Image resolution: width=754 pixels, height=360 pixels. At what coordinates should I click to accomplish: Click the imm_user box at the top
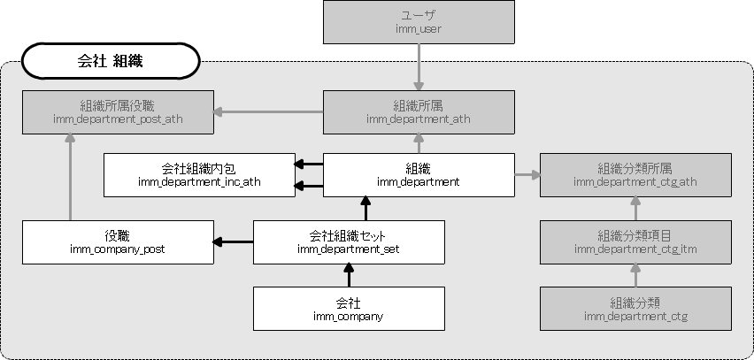[x=419, y=22]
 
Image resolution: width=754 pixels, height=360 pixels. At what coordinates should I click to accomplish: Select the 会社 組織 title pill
[x=111, y=62]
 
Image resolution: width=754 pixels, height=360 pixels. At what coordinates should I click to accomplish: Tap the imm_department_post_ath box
[x=118, y=111]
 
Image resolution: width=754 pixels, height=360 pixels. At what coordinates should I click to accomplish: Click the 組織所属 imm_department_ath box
[x=419, y=111]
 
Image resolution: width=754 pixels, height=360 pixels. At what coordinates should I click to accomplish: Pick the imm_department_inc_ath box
[x=198, y=174]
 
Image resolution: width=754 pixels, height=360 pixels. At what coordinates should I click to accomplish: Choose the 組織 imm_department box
[x=419, y=174]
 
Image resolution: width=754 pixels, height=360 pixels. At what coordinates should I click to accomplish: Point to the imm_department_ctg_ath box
[x=635, y=174]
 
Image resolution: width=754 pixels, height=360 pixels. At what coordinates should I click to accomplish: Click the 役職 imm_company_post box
[x=118, y=241]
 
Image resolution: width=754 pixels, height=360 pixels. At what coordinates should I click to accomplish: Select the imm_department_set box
[x=349, y=241]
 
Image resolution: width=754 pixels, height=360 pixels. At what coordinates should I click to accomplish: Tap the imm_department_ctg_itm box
[x=635, y=241]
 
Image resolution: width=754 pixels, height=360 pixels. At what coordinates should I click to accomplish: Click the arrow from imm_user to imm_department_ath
[x=419, y=67]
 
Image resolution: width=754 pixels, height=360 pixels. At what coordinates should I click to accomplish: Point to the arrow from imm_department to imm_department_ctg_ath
[x=527, y=175]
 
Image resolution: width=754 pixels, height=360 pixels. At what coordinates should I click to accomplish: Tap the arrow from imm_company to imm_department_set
[x=349, y=275]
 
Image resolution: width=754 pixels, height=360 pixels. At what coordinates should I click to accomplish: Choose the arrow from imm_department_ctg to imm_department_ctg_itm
[x=635, y=275]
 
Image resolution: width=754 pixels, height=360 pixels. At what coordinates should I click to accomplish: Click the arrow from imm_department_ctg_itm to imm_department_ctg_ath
[x=635, y=209]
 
